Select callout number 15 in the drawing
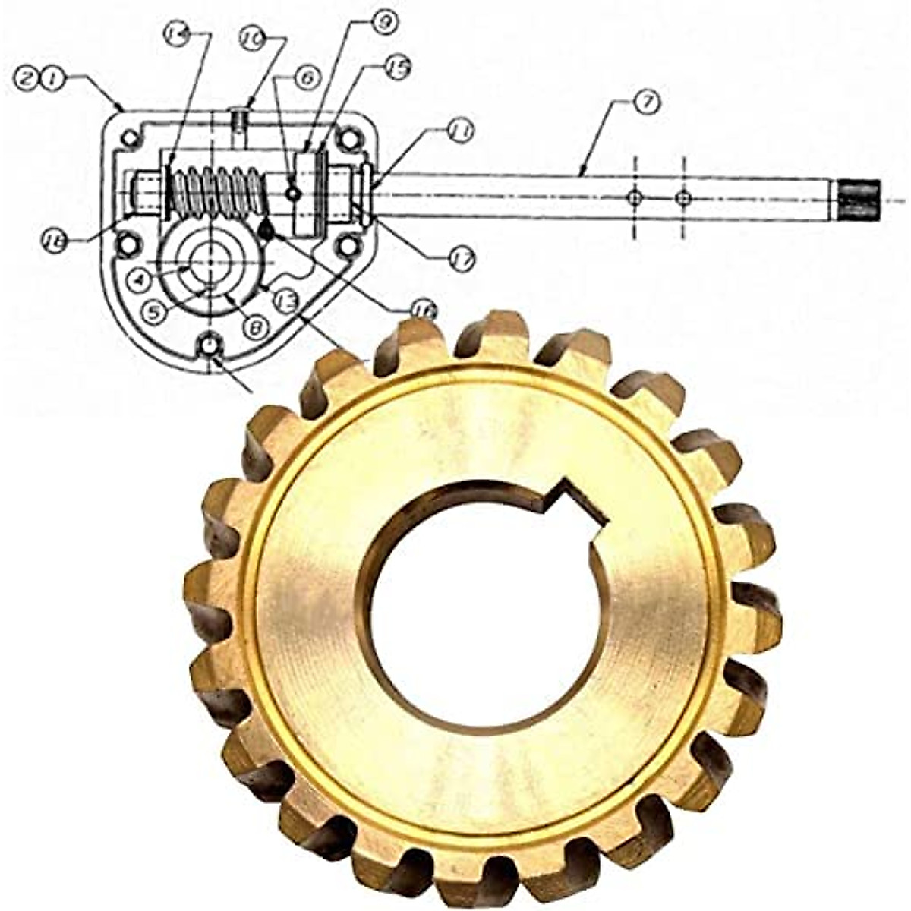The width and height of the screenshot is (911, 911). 398,68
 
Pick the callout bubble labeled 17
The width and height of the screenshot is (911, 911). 461,260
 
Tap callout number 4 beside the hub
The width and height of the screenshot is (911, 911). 140,281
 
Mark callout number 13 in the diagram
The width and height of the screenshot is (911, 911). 285,301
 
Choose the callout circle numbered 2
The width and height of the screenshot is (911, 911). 27,77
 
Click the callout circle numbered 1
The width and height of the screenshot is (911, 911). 52,77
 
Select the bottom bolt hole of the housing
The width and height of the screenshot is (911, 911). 208,345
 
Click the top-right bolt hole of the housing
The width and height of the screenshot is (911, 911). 348,139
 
